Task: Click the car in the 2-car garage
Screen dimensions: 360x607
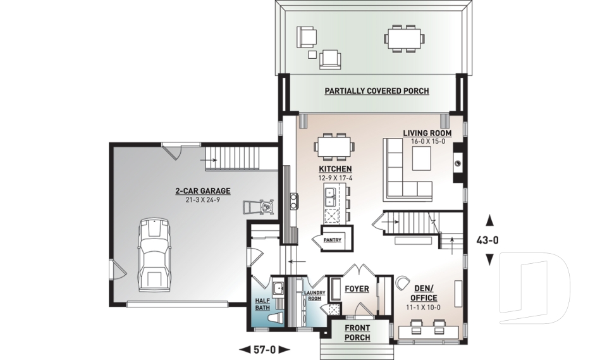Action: [154, 253]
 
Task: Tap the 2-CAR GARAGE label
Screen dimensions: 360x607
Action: [203, 190]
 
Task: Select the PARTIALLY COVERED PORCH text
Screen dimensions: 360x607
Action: [377, 91]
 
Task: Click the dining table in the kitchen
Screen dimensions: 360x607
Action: [334, 146]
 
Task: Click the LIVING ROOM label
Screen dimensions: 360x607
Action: [427, 133]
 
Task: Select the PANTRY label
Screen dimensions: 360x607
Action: [333, 240]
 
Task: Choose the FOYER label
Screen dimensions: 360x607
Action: [357, 289]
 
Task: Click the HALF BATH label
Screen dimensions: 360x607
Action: [262, 305]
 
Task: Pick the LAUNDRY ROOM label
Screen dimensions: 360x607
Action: [314, 295]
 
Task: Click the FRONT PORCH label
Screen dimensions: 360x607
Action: [357, 333]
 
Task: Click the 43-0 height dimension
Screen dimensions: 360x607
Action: [489, 240]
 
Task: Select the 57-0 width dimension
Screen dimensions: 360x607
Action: [265, 349]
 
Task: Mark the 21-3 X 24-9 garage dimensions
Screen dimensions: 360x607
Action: [203, 200]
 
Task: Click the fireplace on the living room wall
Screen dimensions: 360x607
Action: [457, 166]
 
